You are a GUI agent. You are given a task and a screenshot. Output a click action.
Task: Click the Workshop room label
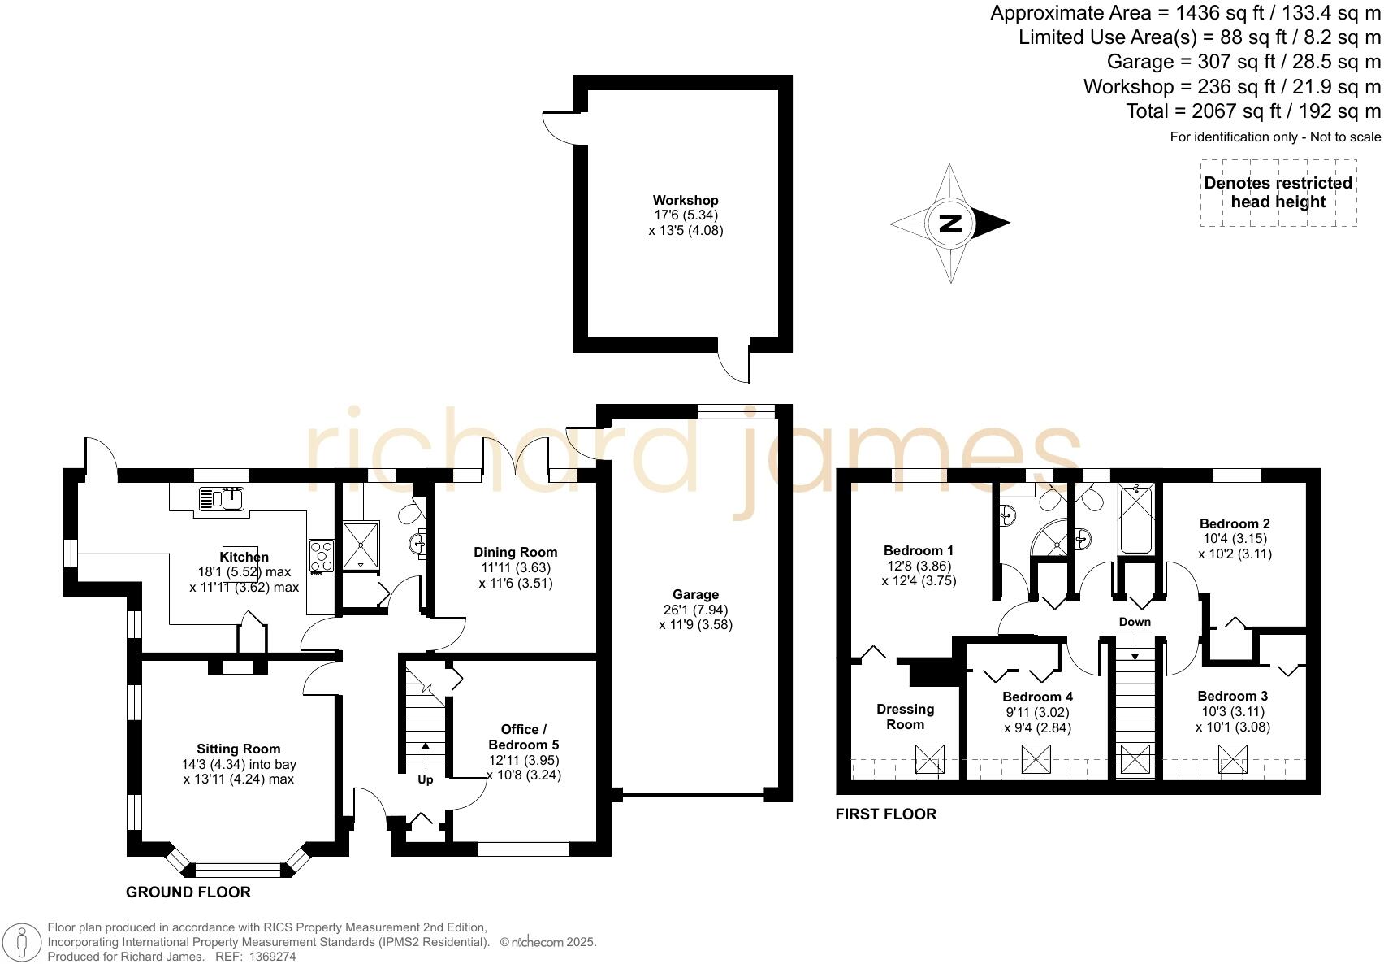(x=686, y=200)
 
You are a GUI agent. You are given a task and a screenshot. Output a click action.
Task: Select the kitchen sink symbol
(x=222, y=498)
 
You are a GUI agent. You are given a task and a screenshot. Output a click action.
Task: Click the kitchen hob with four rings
(x=321, y=556)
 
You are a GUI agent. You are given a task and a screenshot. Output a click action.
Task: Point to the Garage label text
(x=695, y=594)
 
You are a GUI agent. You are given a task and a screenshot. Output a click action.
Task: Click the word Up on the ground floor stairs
(x=425, y=779)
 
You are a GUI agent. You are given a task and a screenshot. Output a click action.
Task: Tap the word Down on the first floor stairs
(x=1134, y=622)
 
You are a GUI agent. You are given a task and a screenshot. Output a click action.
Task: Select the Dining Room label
(x=515, y=552)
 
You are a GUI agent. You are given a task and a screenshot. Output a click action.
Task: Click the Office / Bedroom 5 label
(x=523, y=736)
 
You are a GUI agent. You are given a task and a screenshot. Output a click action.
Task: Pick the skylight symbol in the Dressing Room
(x=930, y=759)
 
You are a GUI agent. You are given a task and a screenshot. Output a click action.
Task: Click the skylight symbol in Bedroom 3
(x=1232, y=759)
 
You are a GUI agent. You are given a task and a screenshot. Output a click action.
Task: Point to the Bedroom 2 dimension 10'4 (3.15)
(x=1235, y=539)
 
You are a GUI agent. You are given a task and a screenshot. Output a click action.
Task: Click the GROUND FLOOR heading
(x=188, y=892)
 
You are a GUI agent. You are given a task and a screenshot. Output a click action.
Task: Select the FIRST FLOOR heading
(x=886, y=814)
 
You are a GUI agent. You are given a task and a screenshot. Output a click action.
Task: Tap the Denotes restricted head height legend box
(x=1278, y=193)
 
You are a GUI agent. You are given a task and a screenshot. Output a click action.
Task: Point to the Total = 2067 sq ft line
(x=1253, y=111)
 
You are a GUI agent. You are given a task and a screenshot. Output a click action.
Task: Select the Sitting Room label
(x=238, y=749)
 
